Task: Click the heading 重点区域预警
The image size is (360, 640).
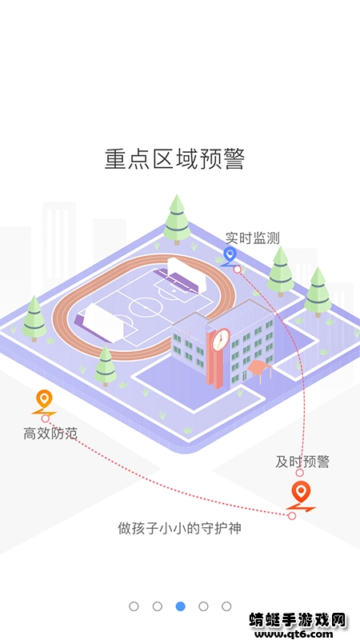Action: click(x=174, y=158)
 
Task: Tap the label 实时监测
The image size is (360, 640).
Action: click(x=252, y=238)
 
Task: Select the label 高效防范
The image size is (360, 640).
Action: click(x=50, y=434)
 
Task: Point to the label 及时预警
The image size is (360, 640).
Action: click(x=302, y=462)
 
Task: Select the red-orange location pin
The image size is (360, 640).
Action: click(x=300, y=493)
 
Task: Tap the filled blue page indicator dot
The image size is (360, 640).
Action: click(x=180, y=606)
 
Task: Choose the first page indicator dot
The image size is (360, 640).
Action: click(x=134, y=606)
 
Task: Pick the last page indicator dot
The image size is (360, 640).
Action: click(x=226, y=606)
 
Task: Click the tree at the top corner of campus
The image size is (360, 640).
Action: click(x=176, y=218)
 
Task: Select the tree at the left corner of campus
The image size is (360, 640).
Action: click(x=34, y=318)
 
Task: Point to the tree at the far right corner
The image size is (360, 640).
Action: click(x=318, y=291)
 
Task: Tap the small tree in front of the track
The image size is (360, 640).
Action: click(x=105, y=366)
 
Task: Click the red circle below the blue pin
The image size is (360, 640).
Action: click(x=238, y=270)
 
